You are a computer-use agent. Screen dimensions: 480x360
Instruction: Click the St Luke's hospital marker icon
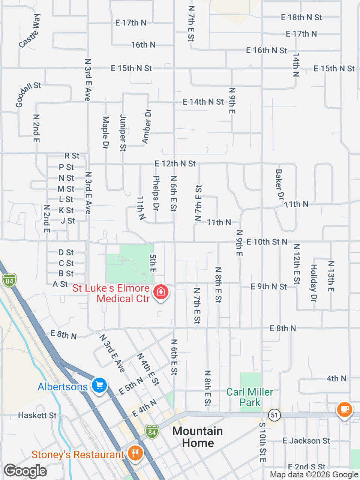161,291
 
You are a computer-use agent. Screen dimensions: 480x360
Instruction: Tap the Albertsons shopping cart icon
99,385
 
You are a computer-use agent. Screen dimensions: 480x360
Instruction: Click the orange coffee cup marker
344,409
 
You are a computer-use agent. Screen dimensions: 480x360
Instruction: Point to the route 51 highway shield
274,415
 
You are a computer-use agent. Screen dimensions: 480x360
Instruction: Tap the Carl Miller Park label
250,397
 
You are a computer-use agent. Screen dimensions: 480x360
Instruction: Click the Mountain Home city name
198,437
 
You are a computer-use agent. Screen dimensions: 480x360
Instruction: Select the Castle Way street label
30,31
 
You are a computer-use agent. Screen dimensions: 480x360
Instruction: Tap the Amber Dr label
147,126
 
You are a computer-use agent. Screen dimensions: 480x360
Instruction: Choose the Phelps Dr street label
156,193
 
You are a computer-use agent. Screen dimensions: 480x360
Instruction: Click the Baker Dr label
280,184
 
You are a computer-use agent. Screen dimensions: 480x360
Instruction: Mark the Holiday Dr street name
313,283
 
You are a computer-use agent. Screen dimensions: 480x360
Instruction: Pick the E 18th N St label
301,17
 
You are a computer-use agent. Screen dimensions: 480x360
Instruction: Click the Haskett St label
37,415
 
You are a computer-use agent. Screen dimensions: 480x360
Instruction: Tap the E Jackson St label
306,441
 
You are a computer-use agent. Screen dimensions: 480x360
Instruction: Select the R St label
72,156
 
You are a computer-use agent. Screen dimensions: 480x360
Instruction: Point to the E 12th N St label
175,163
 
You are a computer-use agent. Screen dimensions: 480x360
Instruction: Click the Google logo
25,471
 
